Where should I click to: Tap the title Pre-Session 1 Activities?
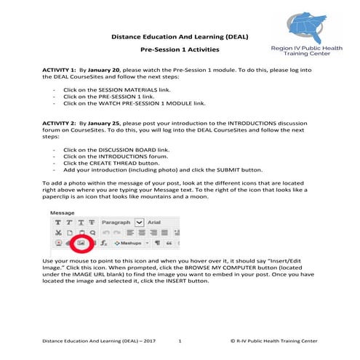(179, 49)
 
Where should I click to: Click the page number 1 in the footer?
(179, 340)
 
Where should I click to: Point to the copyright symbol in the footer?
(231, 340)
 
